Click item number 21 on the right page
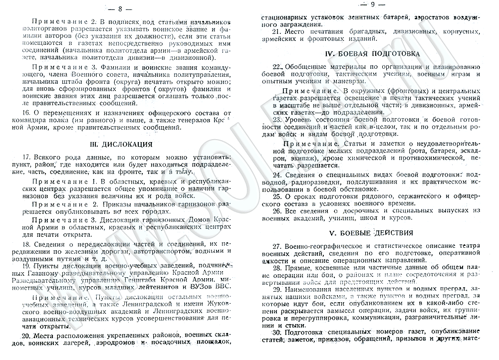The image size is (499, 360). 276,32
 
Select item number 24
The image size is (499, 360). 276,175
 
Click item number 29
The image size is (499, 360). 276,290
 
